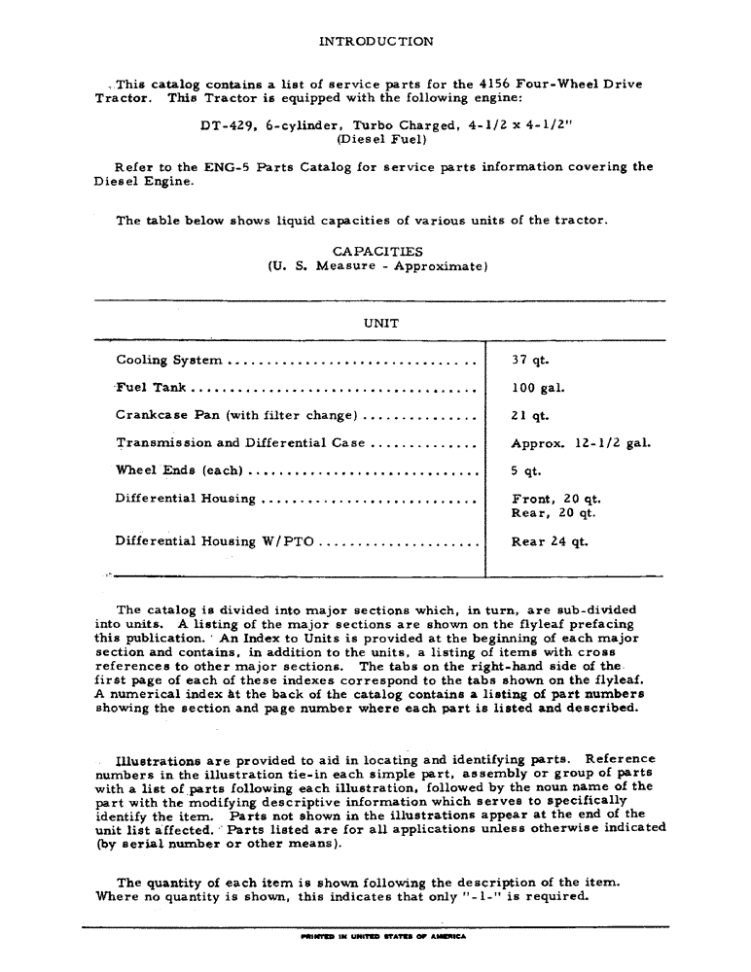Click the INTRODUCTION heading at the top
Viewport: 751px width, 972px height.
pyautogui.click(x=375, y=42)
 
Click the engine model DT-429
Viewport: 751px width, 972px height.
pyautogui.click(x=223, y=125)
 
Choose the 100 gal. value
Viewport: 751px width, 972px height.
pyautogui.click(x=538, y=388)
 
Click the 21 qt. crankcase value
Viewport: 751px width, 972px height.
pyautogui.click(x=531, y=416)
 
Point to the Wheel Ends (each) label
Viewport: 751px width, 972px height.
pyautogui.click(x=179, y=471)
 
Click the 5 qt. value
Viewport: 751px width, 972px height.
pyautogui.click(x=527, y=471)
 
